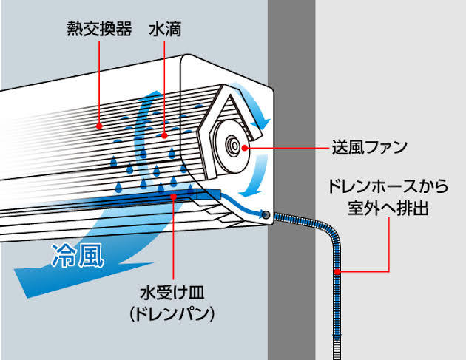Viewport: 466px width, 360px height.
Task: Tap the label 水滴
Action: tap(165, 30)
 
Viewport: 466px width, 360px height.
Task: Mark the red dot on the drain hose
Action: tap(337, 273)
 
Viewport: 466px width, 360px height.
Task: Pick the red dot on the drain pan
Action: tap(172, 196)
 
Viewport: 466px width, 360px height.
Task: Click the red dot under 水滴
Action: tap(165, 135)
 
